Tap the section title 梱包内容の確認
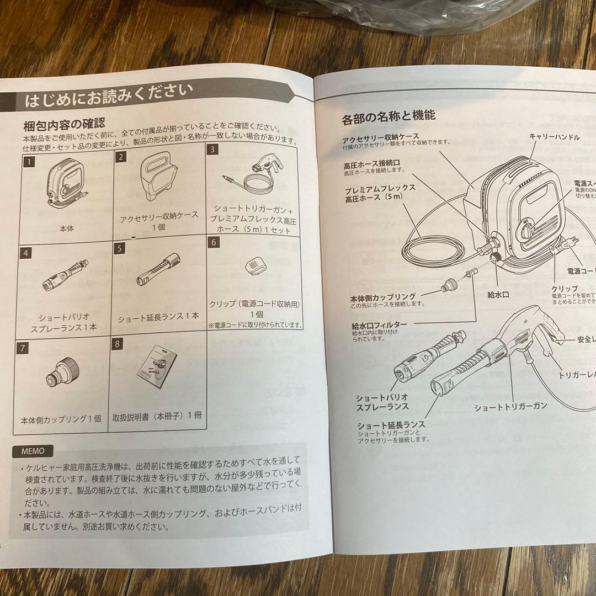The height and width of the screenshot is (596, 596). pos(64,123)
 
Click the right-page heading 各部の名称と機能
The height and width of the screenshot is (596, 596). pos(389,116)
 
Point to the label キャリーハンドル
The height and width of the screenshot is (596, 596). pos(554,137)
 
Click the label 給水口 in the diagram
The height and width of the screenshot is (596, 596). pos(498,295)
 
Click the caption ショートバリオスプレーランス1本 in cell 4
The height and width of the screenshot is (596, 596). pos(67,322)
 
